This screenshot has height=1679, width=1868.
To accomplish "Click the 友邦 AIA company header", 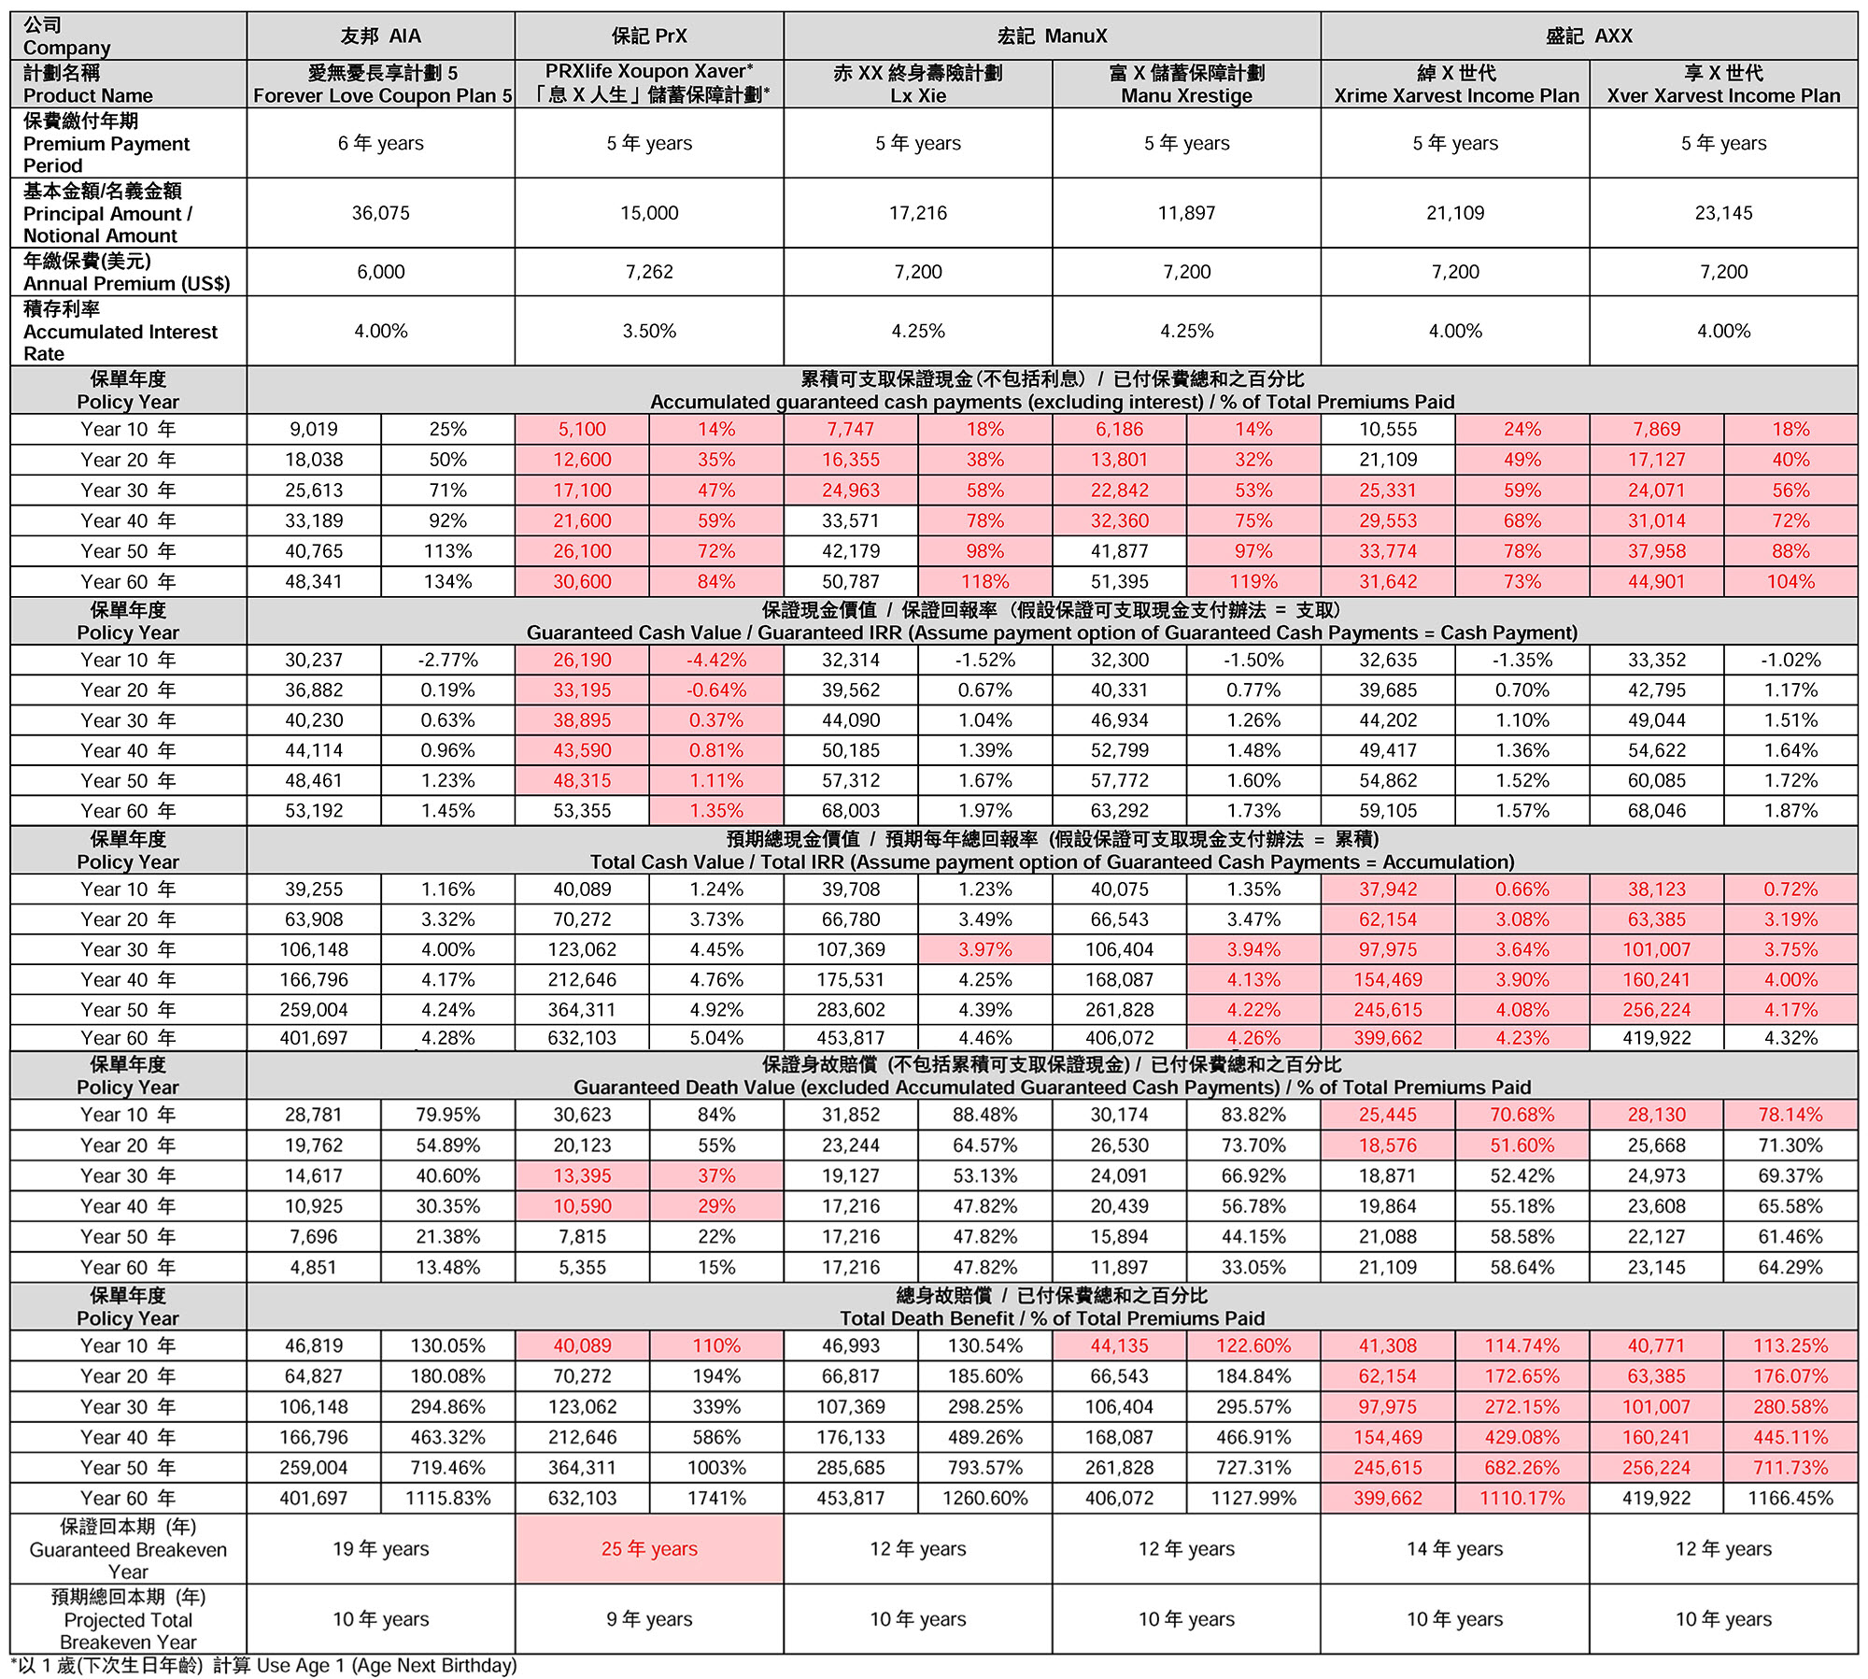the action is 380,36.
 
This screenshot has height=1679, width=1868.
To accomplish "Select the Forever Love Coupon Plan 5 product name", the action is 382,95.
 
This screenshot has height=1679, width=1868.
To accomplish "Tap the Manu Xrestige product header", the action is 1186,95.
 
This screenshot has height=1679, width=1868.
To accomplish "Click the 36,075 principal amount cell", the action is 380,213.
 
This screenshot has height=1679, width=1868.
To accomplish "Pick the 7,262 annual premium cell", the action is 649,272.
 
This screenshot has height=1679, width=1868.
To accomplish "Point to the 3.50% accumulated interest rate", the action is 649,331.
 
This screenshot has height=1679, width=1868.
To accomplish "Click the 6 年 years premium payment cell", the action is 380,143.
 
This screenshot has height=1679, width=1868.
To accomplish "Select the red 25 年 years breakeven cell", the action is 649,1548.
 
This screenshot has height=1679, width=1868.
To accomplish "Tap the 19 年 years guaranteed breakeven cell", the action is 380,1548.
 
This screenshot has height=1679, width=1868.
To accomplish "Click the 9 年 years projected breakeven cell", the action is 649,1618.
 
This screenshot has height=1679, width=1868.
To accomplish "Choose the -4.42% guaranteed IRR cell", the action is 716,660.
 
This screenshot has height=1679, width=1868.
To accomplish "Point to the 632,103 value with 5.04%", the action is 582,1038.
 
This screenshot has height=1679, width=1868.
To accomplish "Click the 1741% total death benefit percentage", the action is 716,1498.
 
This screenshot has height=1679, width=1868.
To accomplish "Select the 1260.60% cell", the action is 984,1498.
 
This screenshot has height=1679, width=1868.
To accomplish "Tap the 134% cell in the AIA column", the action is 447,581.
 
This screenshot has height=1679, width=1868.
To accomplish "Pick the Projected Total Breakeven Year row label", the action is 128,1619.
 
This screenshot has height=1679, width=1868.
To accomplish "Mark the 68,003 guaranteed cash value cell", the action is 850,810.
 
